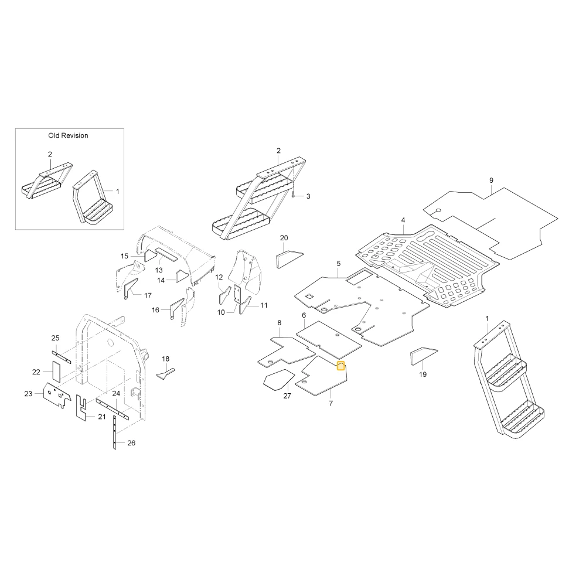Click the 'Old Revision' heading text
68,136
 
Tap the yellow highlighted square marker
341,366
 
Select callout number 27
287,396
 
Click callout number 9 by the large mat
491,180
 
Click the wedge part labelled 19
424,356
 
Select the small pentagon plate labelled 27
279,379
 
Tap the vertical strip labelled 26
115,434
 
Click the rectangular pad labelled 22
56,372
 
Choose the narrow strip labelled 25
62,357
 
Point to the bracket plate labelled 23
57,395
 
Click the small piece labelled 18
166,373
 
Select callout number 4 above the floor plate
403,220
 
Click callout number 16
155,310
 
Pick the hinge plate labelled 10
237,294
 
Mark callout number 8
279,323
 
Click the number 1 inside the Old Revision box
117,192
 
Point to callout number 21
102,417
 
